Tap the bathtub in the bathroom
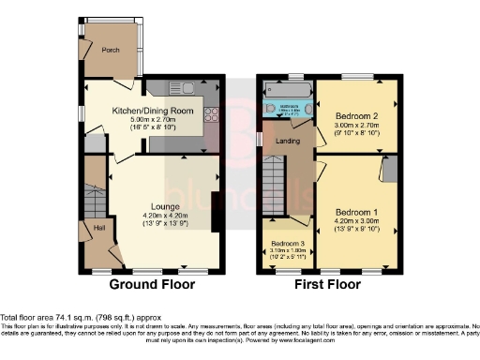tap(287, 94)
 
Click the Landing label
tap(286, 142)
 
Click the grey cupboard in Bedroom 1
tap(389, 170)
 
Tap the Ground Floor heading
tap(153, 284)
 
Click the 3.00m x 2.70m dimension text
tap(354, 127)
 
